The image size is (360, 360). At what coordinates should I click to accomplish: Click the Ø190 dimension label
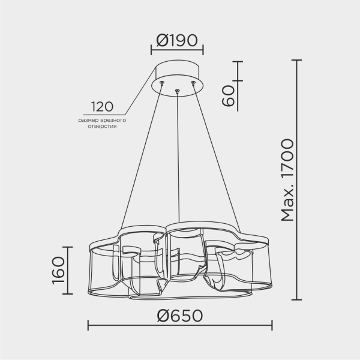[177, 40]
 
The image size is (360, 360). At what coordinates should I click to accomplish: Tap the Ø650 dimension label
[180, 316]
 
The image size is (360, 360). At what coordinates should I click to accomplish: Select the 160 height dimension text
[59, 271]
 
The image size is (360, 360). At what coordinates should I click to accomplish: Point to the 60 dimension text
[228, 95]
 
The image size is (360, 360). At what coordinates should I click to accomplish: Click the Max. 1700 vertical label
[287, 180]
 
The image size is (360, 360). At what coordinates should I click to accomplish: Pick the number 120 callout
[103, 107]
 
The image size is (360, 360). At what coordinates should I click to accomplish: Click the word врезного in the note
[113, 120]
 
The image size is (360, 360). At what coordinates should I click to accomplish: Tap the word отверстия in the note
[102, 126]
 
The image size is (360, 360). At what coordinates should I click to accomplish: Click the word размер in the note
[89, 121]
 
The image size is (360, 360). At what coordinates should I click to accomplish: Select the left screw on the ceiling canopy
[162, 83]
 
